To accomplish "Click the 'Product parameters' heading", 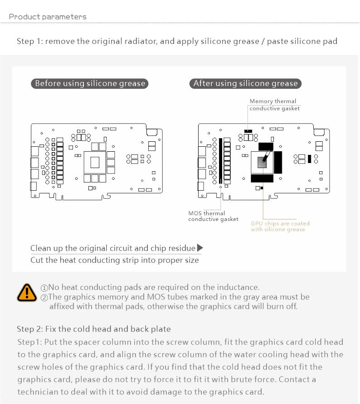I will coord(48,17).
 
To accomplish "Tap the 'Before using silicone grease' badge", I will coord(90,83).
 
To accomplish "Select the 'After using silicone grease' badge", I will coord(245,83).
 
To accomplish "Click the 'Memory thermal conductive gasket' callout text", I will coord(274,105).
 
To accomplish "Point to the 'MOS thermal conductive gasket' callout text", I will coord(213,216).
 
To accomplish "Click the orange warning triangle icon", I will coord(27,293).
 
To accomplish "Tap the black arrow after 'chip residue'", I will coord(200,248).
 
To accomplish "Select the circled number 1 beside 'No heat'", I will coord(44,288).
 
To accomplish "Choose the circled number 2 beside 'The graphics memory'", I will coord(44,298).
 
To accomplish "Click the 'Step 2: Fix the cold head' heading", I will coord(93,329).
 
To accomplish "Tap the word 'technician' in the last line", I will coord(39,392).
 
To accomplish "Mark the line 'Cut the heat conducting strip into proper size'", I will coord(114,260).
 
